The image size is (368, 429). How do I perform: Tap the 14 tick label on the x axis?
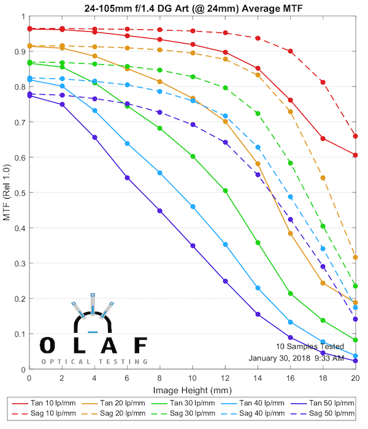tap(258, 378)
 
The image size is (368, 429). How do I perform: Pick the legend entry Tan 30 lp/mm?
tap(187, 403)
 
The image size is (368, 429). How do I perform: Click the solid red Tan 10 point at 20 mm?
tap(356, 155)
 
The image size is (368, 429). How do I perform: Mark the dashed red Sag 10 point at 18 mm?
tap(323, 82)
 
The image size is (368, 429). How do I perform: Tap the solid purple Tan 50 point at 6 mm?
tap(127, 178)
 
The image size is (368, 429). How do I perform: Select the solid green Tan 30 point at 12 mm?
tap(225, 191)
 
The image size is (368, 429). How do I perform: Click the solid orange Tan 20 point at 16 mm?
tap(290, 233)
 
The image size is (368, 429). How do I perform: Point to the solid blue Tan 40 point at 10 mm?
tap(193, 207)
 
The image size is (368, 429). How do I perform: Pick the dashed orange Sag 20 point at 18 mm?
tap(323, 178)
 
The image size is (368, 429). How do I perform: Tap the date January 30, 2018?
tap(278, 359)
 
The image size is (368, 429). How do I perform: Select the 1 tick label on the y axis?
tap(23, 17)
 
